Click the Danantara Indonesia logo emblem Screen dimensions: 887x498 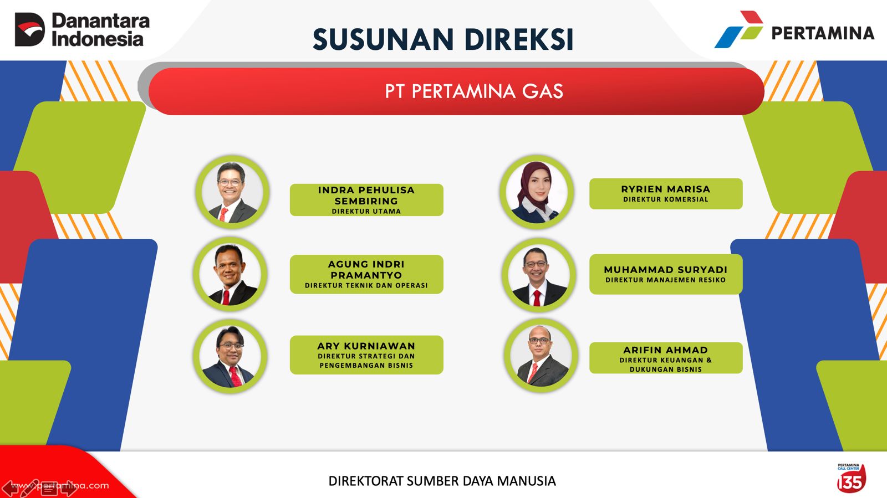point(30,29)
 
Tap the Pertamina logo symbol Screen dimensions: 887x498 point(739,29)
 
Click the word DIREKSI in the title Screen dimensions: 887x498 point(519,39)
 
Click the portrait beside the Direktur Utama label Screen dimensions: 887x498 point(232,192)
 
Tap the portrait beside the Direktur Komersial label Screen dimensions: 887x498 point(537,192)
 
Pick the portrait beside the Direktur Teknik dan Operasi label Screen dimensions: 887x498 point(231,274)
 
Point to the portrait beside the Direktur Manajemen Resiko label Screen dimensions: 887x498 point(538,275)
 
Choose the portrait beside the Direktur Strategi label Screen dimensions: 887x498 point(231,356)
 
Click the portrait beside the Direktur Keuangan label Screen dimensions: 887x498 point(541,355)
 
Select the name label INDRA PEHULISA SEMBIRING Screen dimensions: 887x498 point(366,196)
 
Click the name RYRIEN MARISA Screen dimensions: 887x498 point(666,189)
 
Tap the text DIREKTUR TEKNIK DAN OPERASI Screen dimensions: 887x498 point(366,285)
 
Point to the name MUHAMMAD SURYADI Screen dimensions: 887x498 point(666,270)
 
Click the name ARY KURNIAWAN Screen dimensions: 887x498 point(366,346)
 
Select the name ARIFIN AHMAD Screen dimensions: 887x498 point(666,350)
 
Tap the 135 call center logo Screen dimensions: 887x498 point(852,479)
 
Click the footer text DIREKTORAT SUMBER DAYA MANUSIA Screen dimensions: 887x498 point(442,481)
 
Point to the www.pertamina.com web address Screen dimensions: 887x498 point(60,485)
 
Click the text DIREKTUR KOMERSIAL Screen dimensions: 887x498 point(666,199)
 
